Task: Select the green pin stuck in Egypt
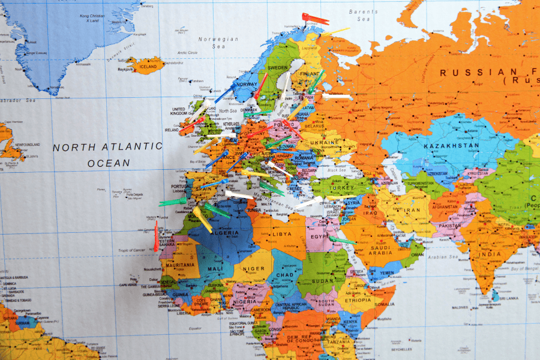tap(341, 240)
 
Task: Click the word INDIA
tap(490, 254)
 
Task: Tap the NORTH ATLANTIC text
tap(107, 146)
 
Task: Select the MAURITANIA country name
tap(179, 265)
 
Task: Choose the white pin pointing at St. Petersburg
tap(337, 95)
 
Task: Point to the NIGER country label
tap(253, 269)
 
